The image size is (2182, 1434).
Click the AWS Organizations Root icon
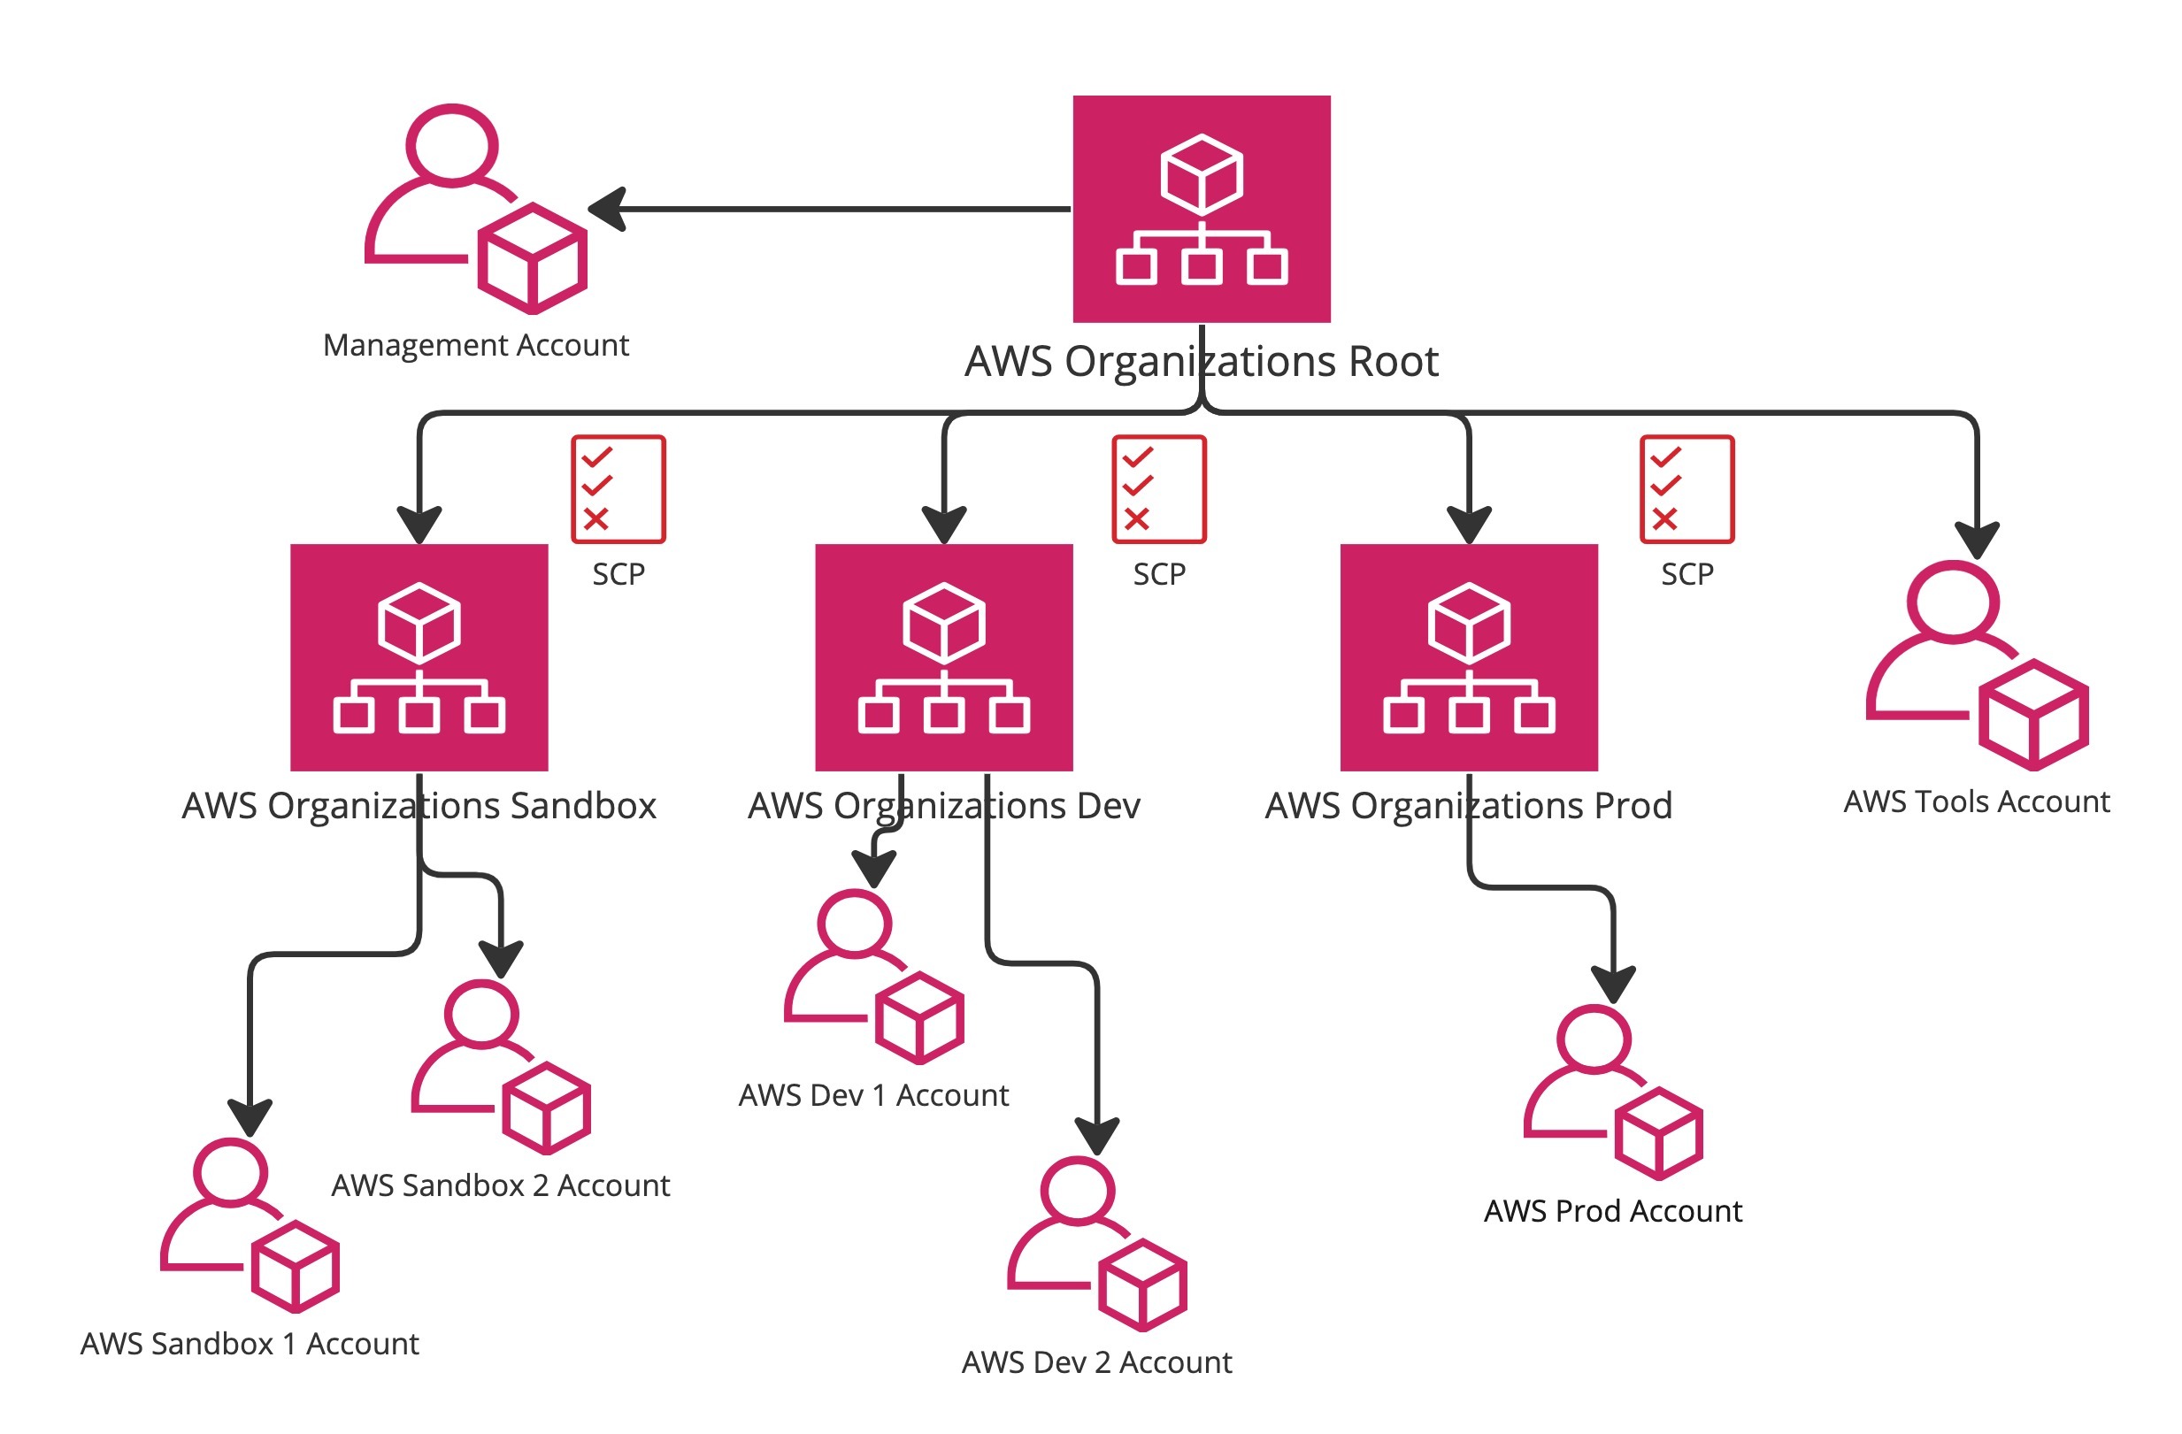(1201, 209)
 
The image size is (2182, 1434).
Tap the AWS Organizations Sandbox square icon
(419, 657)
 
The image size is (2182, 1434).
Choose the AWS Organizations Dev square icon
(943, 657)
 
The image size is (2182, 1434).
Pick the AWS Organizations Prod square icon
(1469, 657)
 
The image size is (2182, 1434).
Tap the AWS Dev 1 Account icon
(873, 977)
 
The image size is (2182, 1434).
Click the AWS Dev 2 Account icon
(1096, 1243)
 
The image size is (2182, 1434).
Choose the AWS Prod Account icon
(1613, 1092)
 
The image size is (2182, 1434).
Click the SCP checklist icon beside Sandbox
(618, 489)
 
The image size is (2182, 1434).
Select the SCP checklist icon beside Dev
(1159, 489)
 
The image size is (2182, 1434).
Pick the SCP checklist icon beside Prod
(1686, 489)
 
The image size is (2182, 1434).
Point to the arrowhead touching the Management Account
(607, 209)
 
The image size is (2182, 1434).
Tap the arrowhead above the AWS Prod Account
(1614, 985)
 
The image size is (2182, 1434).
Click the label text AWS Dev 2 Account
(1096, 1362)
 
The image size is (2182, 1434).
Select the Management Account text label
(476, 345)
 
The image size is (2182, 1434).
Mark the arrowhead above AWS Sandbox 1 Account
(250, 1117)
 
